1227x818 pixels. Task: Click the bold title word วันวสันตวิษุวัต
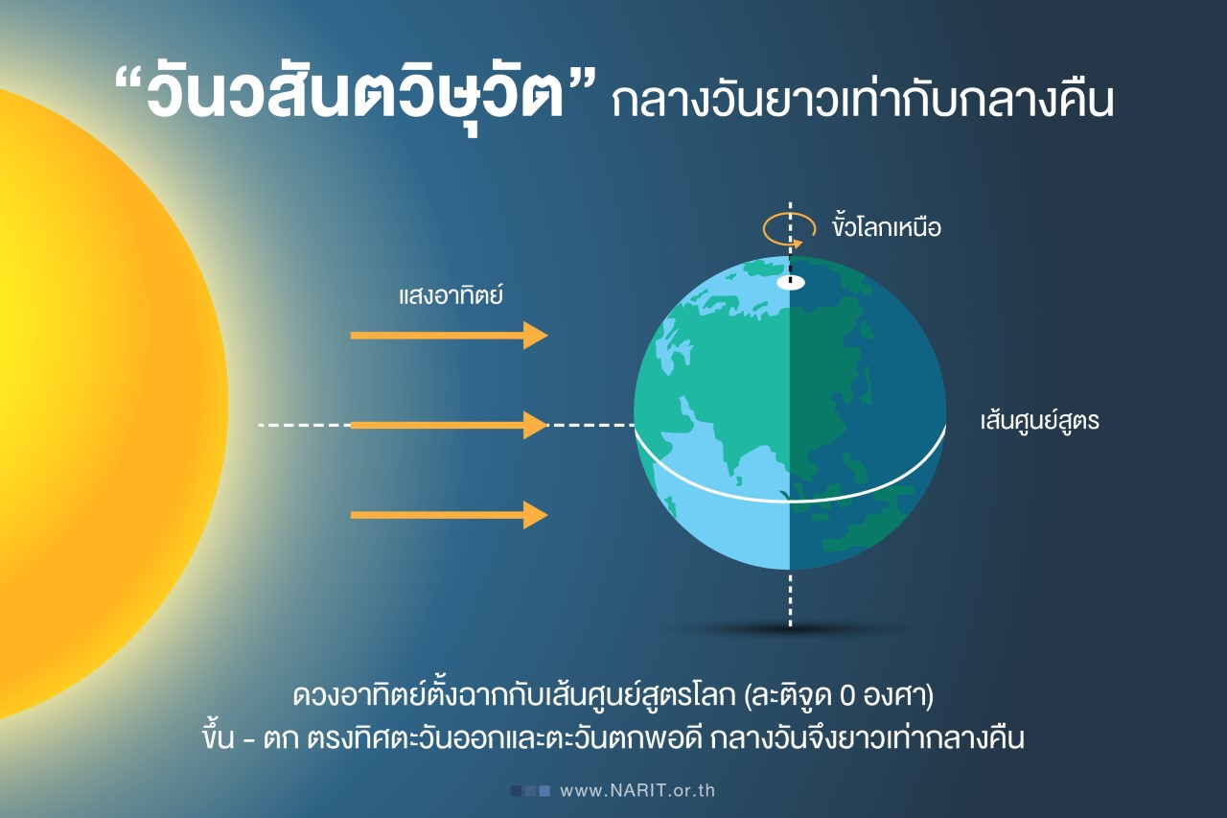pyautogui.click(x=356, y=93)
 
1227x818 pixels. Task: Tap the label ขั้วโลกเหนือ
pyautogui.click(x=887, y=227)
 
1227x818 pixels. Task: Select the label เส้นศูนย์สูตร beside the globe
pyautogui.click(x=1040, y=421)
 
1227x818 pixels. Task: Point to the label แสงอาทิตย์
pyautogui.click(x=451, y=294)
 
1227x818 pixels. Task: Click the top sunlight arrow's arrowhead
pyautogui.click(x=536, y=336)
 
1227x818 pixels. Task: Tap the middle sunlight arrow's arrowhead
pyautogui.click(x=536, y=425)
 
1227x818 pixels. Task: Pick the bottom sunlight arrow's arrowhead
pyautogui.click(x=536, y=515)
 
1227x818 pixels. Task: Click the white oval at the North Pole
pyautogui.click(x=790, y=283)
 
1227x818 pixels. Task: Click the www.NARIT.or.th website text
pyautogui.click(x=637, y=790)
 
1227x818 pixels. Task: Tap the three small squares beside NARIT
pyautogui.click(x=530, y=790)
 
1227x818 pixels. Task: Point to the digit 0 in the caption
pyautogui.click(x=846, y=696)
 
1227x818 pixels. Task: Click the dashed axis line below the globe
pyautogui.click(x=790, y=599)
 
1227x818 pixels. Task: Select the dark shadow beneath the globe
pyautogui.click(x=790, y=629)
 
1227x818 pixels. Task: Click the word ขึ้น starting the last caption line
pyautogui.click(x=218, y=736)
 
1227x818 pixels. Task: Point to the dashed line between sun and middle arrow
pyautogui.click(x=304, y=425)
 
